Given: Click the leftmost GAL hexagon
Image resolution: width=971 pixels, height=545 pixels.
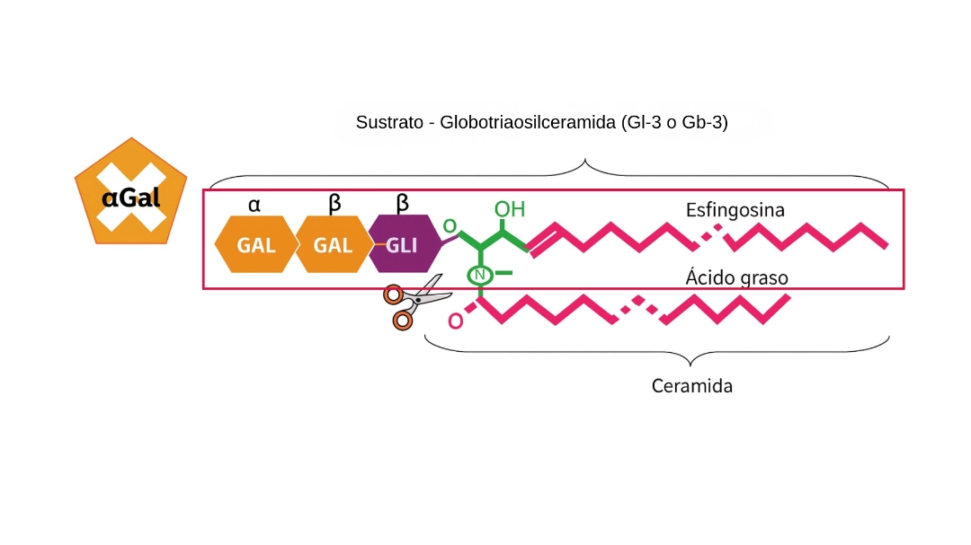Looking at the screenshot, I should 256,244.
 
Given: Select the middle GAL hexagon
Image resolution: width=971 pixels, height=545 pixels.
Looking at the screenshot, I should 333,244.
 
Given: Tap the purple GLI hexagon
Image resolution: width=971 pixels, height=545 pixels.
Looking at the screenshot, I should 403,244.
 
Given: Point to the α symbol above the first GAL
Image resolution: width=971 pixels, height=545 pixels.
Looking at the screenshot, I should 254,205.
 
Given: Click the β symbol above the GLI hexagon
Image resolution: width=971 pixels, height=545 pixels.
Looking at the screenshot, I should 404,204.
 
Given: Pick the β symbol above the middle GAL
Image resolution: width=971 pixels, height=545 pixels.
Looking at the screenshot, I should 334,204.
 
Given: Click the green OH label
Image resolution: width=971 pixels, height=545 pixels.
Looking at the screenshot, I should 509,209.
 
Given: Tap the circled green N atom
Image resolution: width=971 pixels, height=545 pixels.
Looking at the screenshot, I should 480,275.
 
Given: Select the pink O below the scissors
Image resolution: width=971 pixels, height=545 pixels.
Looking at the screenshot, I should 456,320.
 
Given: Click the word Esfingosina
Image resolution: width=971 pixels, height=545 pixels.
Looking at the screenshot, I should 735,210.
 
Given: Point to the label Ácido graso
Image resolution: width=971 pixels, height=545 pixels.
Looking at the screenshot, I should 736,278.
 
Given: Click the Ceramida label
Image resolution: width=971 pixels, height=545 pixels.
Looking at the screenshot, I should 691,387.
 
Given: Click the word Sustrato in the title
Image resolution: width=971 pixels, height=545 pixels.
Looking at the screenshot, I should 389,122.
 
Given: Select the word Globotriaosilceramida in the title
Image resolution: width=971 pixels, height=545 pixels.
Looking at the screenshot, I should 528,122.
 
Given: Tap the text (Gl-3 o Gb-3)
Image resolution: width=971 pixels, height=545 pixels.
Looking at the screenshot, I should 673,122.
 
